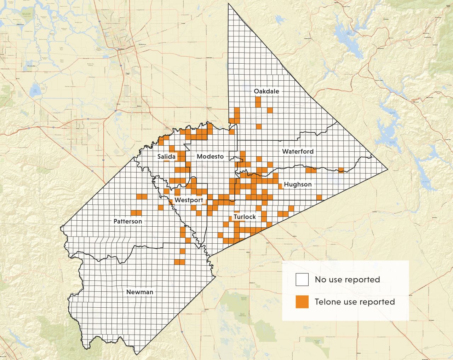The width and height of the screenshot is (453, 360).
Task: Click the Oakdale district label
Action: (266, 91)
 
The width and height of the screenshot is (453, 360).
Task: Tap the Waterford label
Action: (298, 151)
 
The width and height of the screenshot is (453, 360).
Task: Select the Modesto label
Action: (210, 156)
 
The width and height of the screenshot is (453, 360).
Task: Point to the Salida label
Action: (166, 156)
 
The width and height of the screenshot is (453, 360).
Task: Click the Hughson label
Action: (298, 184)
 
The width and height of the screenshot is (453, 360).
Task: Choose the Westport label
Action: (189, 200)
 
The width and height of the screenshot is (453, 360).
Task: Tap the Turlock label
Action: (245, 216)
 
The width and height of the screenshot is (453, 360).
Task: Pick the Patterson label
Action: (128, 221)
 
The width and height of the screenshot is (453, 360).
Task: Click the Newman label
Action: (140, 292)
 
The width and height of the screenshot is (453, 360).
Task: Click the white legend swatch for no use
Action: (302, 279)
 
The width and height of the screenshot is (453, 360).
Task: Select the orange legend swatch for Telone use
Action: (302, 302)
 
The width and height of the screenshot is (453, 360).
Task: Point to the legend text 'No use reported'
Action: (347, 279)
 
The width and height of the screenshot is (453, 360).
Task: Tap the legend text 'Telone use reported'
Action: (355, 302)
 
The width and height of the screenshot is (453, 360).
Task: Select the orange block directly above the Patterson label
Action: (136, 213)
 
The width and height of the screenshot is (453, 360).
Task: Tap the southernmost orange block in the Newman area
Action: (179, 262)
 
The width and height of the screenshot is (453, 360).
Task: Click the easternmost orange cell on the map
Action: (341, 170)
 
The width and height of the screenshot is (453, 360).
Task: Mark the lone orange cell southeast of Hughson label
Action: (319, 197)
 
